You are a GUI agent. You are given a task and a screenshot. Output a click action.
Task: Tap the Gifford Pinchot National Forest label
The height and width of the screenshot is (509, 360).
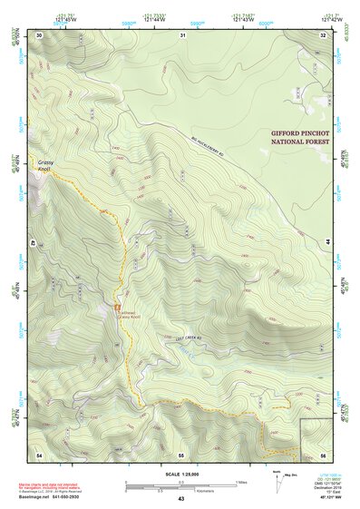tap(297, 137)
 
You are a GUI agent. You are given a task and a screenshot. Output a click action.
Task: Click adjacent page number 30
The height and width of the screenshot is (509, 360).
tap(39, 34)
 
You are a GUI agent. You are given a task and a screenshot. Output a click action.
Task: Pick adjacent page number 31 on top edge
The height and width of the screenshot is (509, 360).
tap(182, 34)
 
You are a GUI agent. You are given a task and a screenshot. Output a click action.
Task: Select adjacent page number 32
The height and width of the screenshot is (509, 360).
tap(323, 34)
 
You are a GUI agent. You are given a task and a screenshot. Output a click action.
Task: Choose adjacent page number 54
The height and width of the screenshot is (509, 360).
tap(39, 453)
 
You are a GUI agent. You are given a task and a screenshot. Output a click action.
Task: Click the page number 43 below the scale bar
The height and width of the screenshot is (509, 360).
tap(180, 499)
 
